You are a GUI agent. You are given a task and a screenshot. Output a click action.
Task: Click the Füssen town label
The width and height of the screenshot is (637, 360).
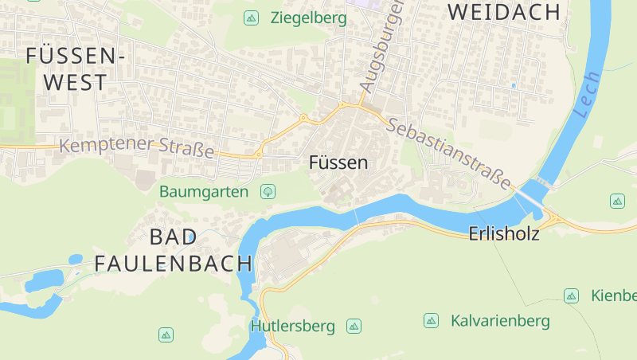pos(338,163)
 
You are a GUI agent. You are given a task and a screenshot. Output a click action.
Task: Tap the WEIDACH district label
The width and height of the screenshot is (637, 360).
pos(504,12)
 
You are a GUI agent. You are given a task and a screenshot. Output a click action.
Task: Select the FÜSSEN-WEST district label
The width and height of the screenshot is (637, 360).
pos(76,68)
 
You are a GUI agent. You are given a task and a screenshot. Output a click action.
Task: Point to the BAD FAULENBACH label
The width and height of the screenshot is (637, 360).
pos(173,249)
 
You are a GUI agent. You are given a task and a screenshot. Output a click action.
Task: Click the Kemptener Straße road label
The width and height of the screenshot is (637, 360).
pos(137,147)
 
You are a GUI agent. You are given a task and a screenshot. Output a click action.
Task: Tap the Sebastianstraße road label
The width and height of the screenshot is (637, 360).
pos(451,154)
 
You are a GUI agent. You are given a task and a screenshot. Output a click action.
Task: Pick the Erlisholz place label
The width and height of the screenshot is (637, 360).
pos(504,234)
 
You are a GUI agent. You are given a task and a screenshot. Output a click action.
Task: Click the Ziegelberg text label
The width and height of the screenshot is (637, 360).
pos(308,18)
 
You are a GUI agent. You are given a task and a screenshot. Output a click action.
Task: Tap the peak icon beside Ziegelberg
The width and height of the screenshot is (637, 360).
pos(252,18)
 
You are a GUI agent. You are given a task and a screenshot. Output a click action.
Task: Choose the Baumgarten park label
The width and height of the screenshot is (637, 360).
pos(204,191)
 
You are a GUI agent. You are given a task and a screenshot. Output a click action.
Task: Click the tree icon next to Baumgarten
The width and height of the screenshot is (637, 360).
pos(268,191)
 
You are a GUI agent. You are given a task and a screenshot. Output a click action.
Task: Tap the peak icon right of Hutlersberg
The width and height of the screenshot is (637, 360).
pos(354,326)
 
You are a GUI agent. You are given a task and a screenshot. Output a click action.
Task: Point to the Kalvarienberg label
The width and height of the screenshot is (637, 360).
pos(500,321)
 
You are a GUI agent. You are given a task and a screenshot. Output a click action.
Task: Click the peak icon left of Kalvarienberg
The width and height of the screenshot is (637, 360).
pos(431,321)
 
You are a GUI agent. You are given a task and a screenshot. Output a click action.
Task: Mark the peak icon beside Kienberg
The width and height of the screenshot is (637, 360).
pos(571,296)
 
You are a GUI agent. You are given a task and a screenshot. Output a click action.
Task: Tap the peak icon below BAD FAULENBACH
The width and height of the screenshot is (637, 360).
pos(166,335)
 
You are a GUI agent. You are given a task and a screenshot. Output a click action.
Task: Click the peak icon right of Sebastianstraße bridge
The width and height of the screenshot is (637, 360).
pos(617,201)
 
